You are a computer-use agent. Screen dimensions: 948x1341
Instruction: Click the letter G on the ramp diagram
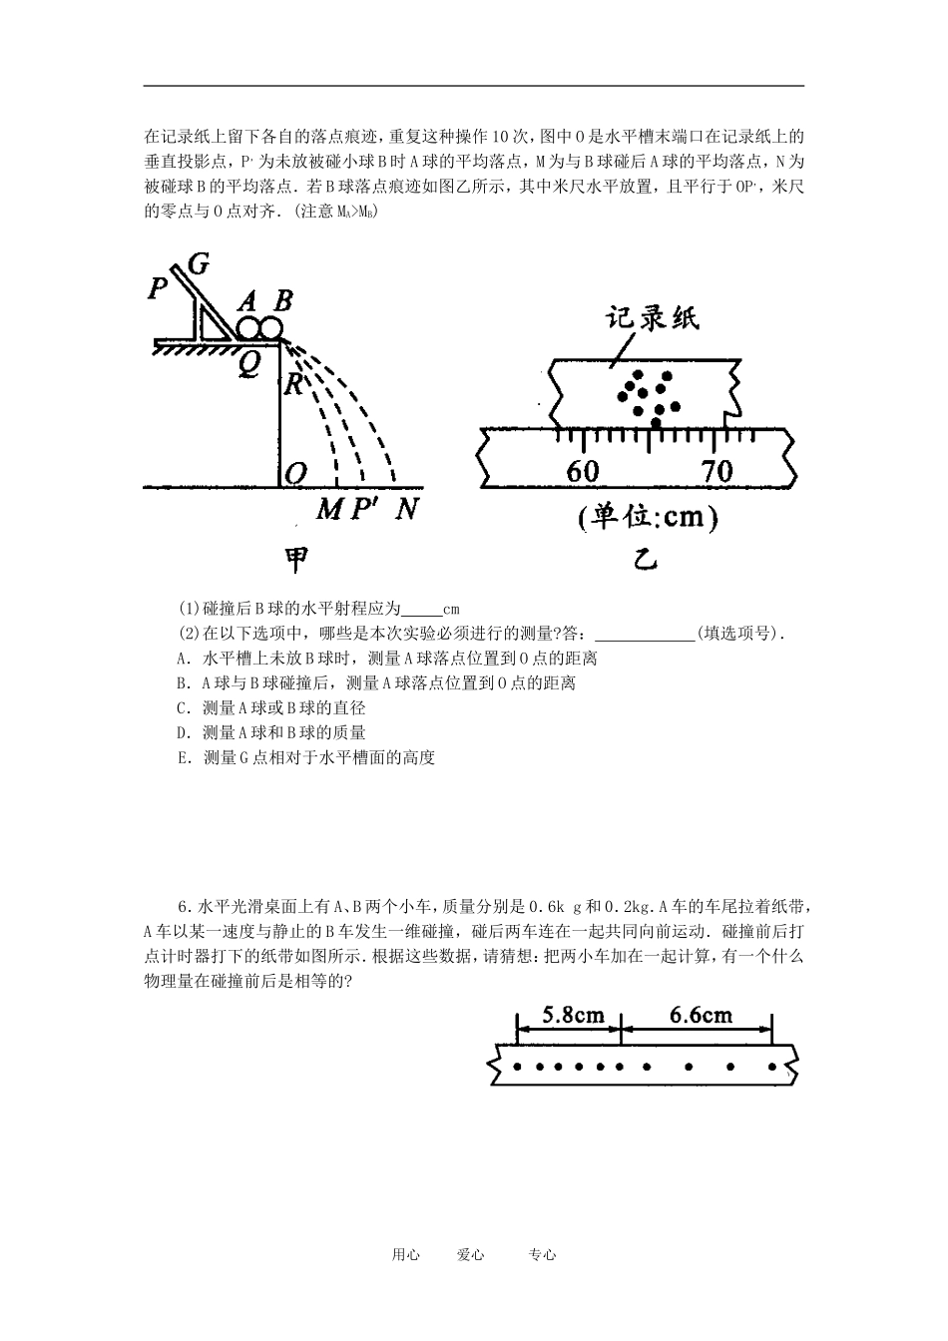click(x=198, y=263)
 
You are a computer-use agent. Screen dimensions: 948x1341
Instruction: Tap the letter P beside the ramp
click(x=158, y=289)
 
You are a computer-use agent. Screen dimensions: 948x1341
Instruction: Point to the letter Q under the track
click(x=247, y=365)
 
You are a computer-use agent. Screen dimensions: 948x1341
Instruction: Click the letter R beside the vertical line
click(x=293, y=384)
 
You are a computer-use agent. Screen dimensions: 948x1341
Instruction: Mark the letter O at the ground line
click(x=295, y=474)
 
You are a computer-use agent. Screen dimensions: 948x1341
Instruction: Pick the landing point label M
click(x=329, y=510)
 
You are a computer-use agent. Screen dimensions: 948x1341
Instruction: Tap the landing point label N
click(x=405, y=510)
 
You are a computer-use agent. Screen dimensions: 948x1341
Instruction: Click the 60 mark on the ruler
click(x=582, y=471)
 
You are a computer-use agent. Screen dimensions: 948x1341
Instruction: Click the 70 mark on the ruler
click(x=716, y=471)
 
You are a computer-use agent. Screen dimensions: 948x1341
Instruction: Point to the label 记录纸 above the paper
click(x=653, y=318)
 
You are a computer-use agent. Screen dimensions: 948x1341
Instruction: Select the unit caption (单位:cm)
click(x=647, y=519)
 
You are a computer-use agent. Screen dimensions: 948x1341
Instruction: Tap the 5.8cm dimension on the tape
click(x=573, y=1016)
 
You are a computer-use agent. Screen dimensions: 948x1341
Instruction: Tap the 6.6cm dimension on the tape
click(x=701, y=1016)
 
